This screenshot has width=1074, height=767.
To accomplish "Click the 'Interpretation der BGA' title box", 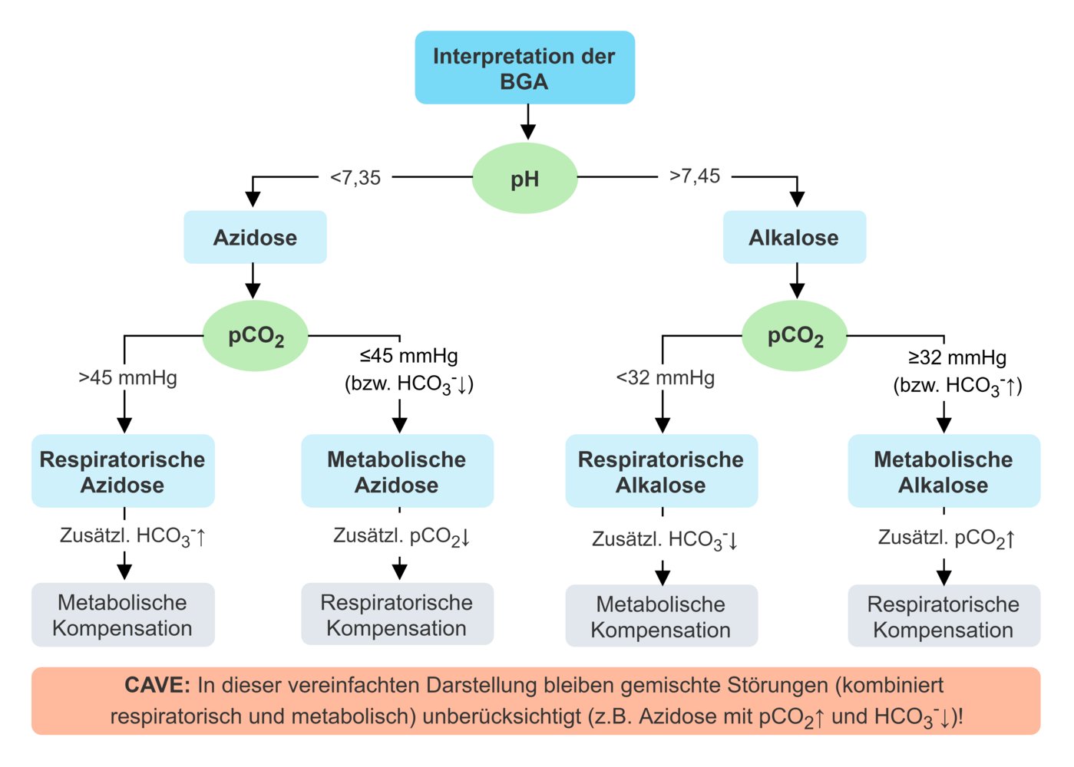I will pyautogui.click(x=524, y=67).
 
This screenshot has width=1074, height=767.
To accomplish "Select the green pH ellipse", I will pyautogui.click(x=524, y=178).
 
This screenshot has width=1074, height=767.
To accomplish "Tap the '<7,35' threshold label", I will pyautogui.click(x=355, y=178).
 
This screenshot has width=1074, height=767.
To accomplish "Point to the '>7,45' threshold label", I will pyautogui.click(x=695, y=176).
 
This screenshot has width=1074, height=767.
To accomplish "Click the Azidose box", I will pyautogui.click(x=255, y=238).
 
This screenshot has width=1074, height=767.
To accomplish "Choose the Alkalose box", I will pyautogui.click(x=794, y=238).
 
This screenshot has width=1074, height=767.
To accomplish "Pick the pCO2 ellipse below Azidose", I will pyautogui.click(x=256, y=336).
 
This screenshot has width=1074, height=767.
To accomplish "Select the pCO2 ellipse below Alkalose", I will pyautogui.click(x=795, y=336).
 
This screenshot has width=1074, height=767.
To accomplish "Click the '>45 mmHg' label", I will pyautogui.click(x=127, y=378).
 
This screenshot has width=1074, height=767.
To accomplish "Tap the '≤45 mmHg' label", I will pyautogui.click(x=409, y=356).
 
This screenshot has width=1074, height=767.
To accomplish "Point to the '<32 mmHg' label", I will pyautogui.click(x=665, y=378).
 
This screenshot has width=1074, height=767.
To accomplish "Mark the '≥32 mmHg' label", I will pyautogui.click(x=957, y=357).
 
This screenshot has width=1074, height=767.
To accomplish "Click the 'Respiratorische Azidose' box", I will pyautogui.click(x=123, y=471).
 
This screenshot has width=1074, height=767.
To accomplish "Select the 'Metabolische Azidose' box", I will pyautogui.click(x=397, y=471).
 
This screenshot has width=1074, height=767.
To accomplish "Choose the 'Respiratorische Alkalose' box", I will pyautogui.click(x=661, y=471).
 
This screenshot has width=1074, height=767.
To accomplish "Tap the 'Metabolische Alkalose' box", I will pyautogui.click(x=943, y=471).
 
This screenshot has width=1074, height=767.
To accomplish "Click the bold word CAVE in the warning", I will pyautogui.click(x=157, y=685).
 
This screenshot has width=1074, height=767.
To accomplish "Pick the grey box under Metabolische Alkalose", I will pyautogui.click(x=943, y=616).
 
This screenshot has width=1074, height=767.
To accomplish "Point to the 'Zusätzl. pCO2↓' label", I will pyautogui.click(x=402, y=536).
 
